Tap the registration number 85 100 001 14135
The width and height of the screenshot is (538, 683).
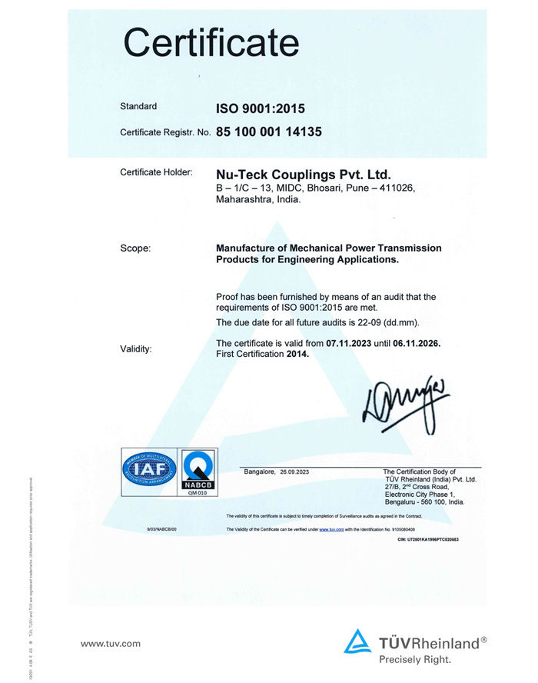coord(268,132)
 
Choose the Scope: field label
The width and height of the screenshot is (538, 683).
coord(135,248)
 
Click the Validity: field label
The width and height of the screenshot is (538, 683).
coord(136,349)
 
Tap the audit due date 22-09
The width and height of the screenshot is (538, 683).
coord(380,322)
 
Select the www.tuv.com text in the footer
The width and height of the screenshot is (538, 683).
coord(111,643)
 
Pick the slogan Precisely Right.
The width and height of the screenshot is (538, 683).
coord(415,659)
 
